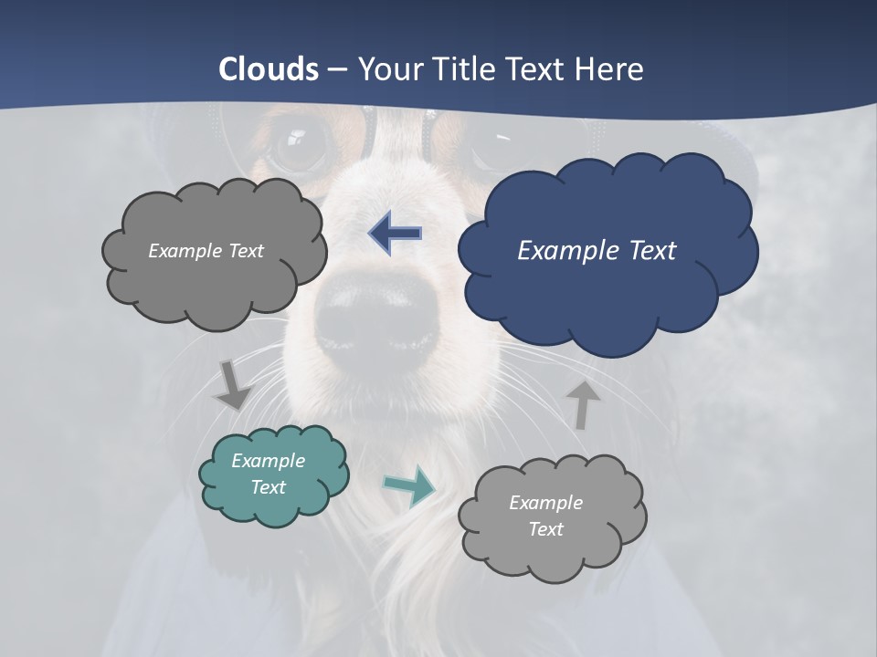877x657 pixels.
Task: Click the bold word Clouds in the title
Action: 269,69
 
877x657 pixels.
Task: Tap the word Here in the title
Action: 611,69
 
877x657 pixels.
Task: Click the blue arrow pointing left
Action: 396,234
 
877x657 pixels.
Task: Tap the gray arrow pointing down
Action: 232,384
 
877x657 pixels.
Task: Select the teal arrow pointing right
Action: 409,485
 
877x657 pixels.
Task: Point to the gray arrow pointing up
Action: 582,404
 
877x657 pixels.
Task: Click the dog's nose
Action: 376,319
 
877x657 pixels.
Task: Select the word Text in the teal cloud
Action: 269,487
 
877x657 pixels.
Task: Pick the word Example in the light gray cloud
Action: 545,503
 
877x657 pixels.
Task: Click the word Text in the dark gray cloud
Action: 244,251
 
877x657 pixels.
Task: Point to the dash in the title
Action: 336,70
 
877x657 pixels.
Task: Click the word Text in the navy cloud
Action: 651,251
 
